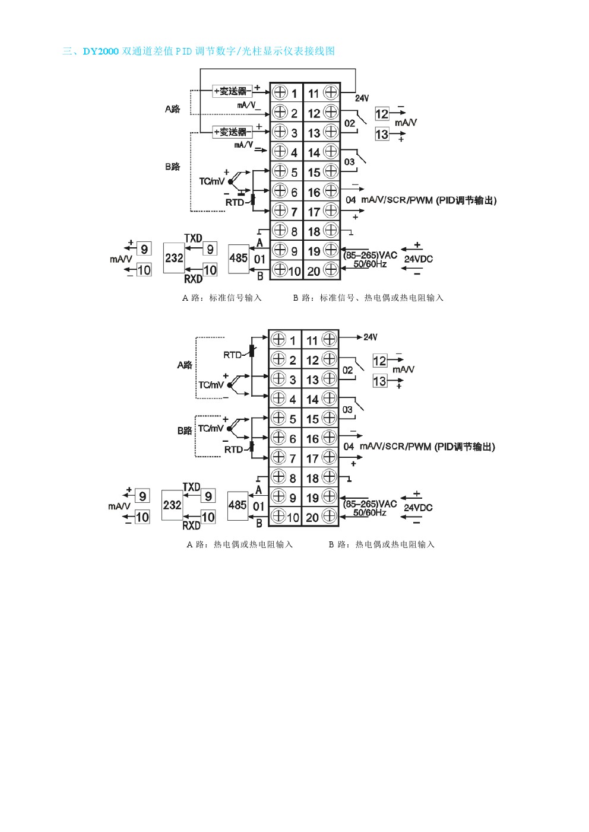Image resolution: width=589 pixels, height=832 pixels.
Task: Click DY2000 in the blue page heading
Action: (x=100, y=51)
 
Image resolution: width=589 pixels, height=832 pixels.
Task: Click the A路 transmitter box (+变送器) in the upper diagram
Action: (x=232, y=91)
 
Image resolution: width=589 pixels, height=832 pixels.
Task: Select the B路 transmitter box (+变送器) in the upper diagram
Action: (x=232, y=132)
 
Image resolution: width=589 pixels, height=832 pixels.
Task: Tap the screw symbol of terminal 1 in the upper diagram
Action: (x=280, y=92)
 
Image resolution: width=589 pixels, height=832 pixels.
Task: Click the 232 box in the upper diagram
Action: (x=174, y=258)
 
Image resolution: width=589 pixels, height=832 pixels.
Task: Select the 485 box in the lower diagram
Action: (x=237, y=505)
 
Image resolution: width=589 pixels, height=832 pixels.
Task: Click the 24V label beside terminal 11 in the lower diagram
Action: (x=370, y=337)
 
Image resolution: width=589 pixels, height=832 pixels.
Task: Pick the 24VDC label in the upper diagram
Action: (x=418, y=259)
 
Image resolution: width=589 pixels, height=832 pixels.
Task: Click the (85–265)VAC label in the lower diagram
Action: (x=370, y=504)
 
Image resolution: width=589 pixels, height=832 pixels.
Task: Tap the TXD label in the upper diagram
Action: (x=193, y=238)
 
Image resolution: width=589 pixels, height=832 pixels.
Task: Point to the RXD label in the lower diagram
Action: (x=191, y=525)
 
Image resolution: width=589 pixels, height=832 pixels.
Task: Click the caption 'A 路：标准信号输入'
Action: (x=221, y=298)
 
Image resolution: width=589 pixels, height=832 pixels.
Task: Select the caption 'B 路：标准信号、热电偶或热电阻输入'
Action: (x=368, y=298)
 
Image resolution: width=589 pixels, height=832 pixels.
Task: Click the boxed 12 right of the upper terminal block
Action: (x=382, y=114)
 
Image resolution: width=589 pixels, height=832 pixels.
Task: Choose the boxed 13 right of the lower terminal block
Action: (x=379, y=381)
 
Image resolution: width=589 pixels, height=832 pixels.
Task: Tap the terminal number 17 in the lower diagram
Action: (x=312, y=458)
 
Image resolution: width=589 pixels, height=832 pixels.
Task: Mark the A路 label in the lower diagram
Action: (x=185, y=365)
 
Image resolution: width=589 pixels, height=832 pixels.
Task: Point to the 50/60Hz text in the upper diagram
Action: (x=369, y=264)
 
